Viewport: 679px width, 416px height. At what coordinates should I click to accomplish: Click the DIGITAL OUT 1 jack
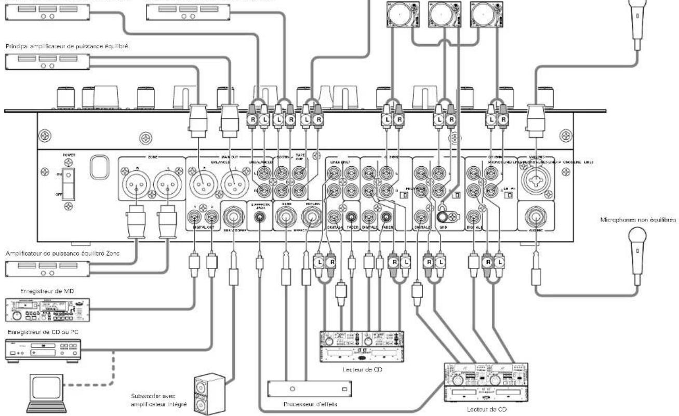click(x=194, y=215)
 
